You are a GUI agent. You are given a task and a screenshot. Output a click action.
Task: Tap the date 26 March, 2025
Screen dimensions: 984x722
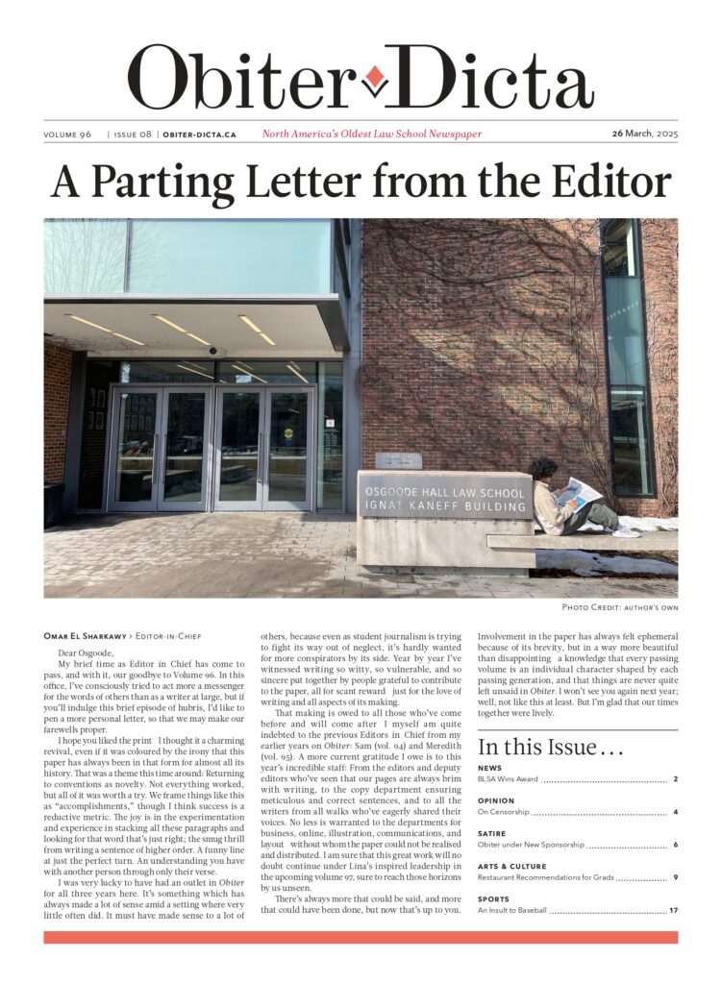(x=644, y=134)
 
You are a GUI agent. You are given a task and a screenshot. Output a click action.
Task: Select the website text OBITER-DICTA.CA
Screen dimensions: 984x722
(x=200, y=135)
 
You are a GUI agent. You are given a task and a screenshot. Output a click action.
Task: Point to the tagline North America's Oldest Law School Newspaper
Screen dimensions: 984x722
(x=372, y=135)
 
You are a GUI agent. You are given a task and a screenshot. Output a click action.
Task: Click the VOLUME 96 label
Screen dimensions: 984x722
(x=67, y=135)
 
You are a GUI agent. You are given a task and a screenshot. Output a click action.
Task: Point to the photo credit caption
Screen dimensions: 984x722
(x=619, y=607)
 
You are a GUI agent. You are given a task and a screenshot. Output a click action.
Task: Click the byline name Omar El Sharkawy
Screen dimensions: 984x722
(x=87, y=636)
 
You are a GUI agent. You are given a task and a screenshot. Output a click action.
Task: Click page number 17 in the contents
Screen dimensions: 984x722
(x=674, y=910)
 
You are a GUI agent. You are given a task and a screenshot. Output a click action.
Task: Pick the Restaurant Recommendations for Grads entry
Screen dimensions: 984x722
(x=544, y=877)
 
